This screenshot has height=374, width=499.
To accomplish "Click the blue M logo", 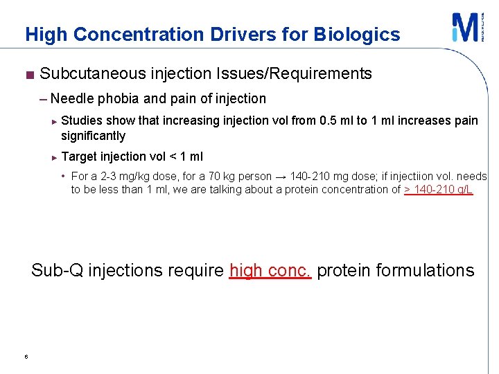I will click(x=463, y=28).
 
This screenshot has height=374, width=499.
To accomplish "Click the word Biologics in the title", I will click(x=357, y=34).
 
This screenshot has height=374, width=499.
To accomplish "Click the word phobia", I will click(x=119, y=98).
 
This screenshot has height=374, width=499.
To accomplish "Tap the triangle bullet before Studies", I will click(x=55, y=121).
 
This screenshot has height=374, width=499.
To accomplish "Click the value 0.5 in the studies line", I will click(x=329, y=121).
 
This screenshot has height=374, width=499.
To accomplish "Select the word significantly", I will click(x=93, y=136).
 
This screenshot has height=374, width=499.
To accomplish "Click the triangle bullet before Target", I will click(x=55, y=157).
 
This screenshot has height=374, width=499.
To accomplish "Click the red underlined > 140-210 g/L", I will click(x=438, y=189).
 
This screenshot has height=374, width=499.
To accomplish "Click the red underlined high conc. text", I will click(x=270, y=270).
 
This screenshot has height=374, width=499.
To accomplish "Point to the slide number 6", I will click(x=25, y=357).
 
